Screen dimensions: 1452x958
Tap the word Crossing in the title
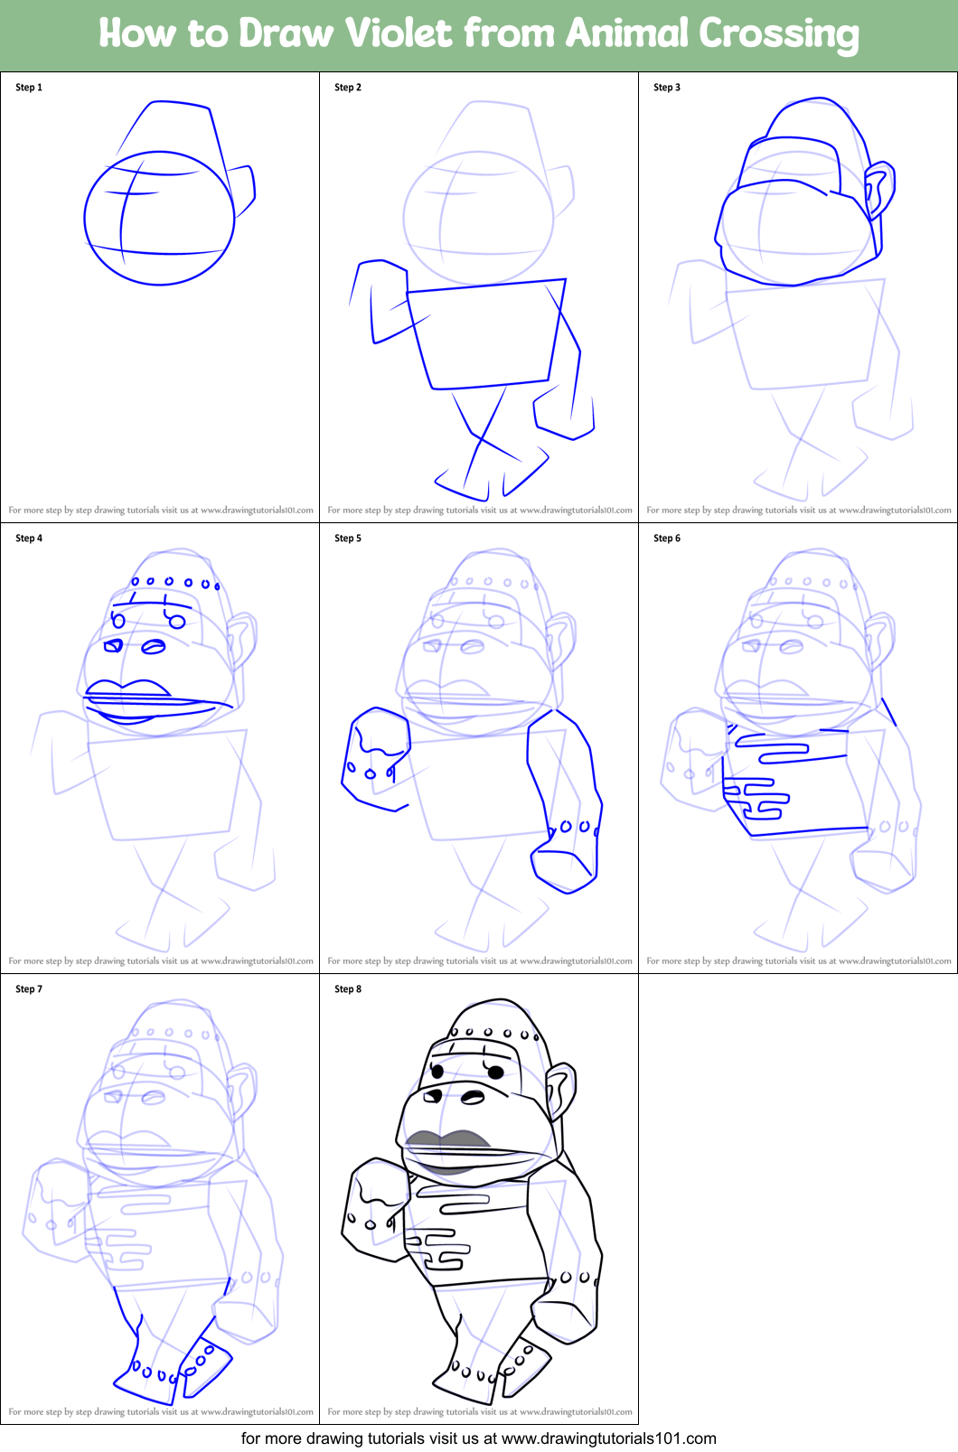click(x=778, y=34)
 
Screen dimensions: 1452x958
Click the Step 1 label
click(x=29, y=88)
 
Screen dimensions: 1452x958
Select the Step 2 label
click(x=348, y=88)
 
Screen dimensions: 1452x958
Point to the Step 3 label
click(x=667, y=88)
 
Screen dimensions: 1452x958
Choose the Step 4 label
click(x=29, y=539)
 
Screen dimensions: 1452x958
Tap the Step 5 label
click(x=348, y=539)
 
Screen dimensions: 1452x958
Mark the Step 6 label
click(x=667, y=539)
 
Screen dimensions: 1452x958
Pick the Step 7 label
click(x=29, y=989)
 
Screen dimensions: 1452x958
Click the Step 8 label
click(x=348, y=989)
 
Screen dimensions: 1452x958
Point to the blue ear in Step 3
click(x=878, y=190)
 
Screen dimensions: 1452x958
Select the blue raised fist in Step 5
click(x=375, y=759)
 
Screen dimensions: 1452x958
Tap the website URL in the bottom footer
click(x=608, y=1438)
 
